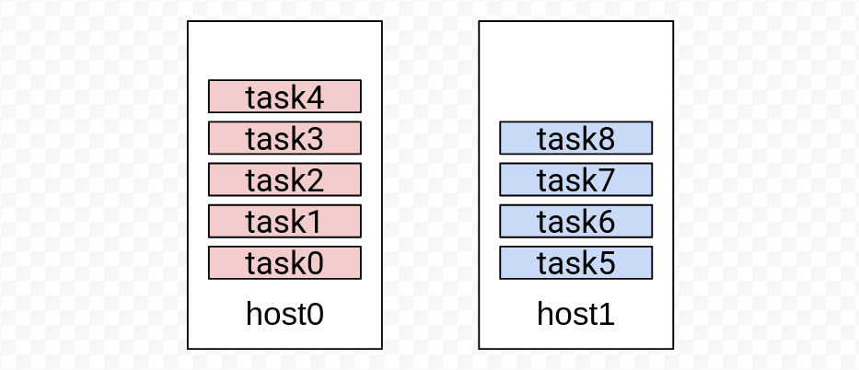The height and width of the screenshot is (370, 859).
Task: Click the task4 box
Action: [284, 97]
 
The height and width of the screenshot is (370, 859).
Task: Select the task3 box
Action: [284, 138]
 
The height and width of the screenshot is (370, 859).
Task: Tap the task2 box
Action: [284, 179]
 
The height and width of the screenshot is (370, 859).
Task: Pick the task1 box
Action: [284, 221]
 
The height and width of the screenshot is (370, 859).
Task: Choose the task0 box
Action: [284, 262]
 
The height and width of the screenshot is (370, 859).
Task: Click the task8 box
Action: [575, 138]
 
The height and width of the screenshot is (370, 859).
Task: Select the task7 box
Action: [575, 179]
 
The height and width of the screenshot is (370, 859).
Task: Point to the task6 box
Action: [575, 221]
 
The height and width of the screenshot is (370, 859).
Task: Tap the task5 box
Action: [575, 262]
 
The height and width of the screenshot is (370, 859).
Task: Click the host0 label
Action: [284, 314]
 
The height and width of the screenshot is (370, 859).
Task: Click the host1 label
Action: [575, 314]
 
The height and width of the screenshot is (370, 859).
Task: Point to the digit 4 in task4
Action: [315, 98]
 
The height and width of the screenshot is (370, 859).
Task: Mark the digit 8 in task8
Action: [606, 140]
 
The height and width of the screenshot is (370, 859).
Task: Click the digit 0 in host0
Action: [315, 315]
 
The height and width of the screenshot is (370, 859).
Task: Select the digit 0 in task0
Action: [315, 265]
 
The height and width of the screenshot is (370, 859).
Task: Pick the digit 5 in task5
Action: [606, 265]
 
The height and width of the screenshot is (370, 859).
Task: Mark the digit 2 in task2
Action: [315, 181]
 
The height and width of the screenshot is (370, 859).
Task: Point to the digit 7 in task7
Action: [606, 181]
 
